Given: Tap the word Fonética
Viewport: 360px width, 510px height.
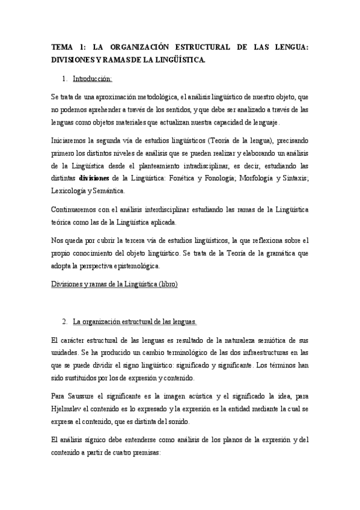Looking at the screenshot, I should [x=185, y=177].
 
